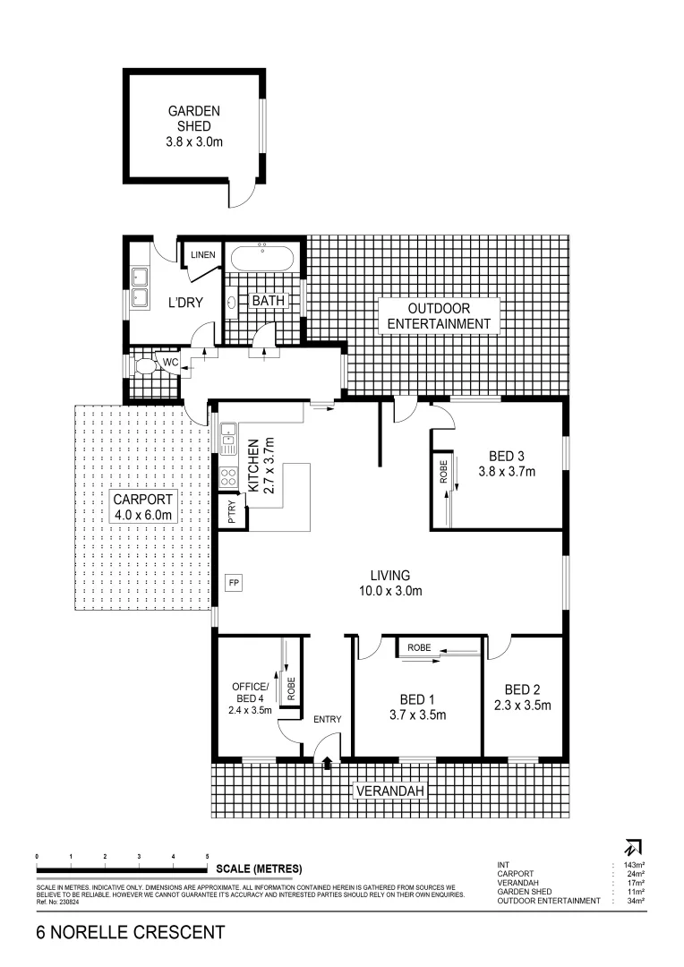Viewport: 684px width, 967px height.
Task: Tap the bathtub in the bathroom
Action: (x=262, y=259)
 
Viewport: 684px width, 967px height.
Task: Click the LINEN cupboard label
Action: (x=203, y=256)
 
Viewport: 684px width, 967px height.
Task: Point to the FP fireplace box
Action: (x=234, y=582)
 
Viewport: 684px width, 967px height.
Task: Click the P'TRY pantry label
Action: (x=231, y=510)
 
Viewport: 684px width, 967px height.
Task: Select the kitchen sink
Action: (x=228, y=439)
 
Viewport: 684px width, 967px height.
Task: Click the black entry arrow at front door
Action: (x=327, y=763)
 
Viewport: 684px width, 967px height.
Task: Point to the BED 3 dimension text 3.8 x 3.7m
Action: (x=506, y=471)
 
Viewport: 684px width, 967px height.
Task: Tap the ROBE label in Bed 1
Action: (x=419, y=646)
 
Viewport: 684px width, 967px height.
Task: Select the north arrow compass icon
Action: (x=634, y=846)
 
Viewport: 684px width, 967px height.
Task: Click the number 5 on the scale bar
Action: (x=208, y=857)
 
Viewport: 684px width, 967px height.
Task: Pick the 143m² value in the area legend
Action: (x=634, y=865)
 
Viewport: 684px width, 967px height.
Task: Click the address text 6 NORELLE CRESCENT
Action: (x=131, y=933)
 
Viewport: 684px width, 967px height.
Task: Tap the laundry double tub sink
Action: (x=140, y=287)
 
